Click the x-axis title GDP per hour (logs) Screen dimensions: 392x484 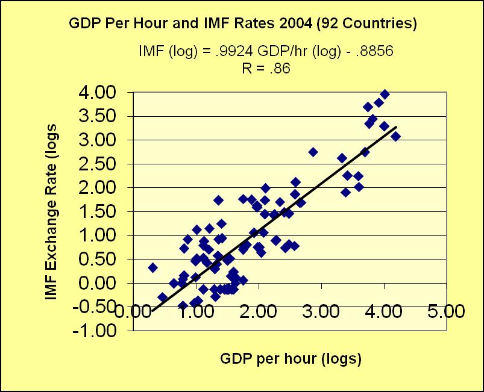[291, 359]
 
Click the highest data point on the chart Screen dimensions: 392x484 [385, 94]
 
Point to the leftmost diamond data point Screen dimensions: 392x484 [152, 267]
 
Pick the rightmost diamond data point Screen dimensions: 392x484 [396, 136]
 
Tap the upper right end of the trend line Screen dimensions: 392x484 [397, 127]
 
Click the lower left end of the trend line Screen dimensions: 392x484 [152, 311]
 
